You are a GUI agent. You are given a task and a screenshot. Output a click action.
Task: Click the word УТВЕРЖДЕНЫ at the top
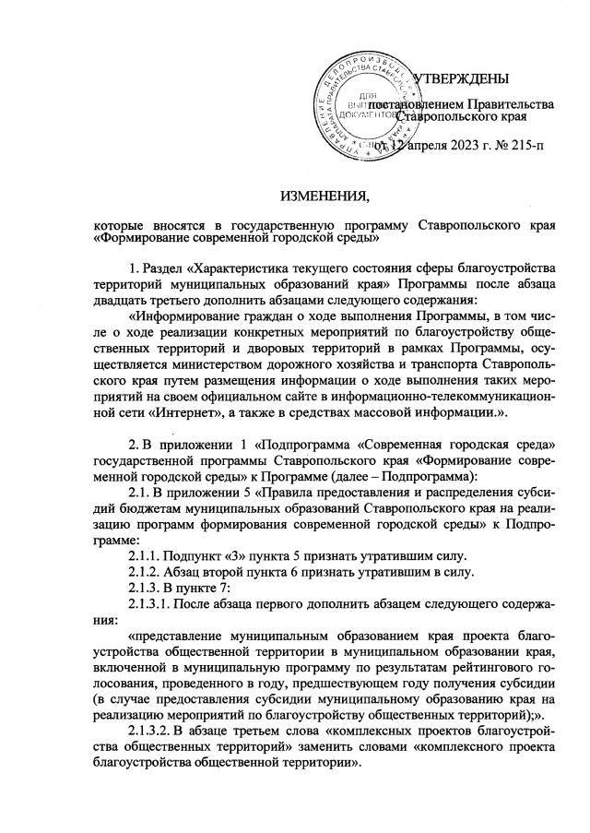point(460,77)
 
